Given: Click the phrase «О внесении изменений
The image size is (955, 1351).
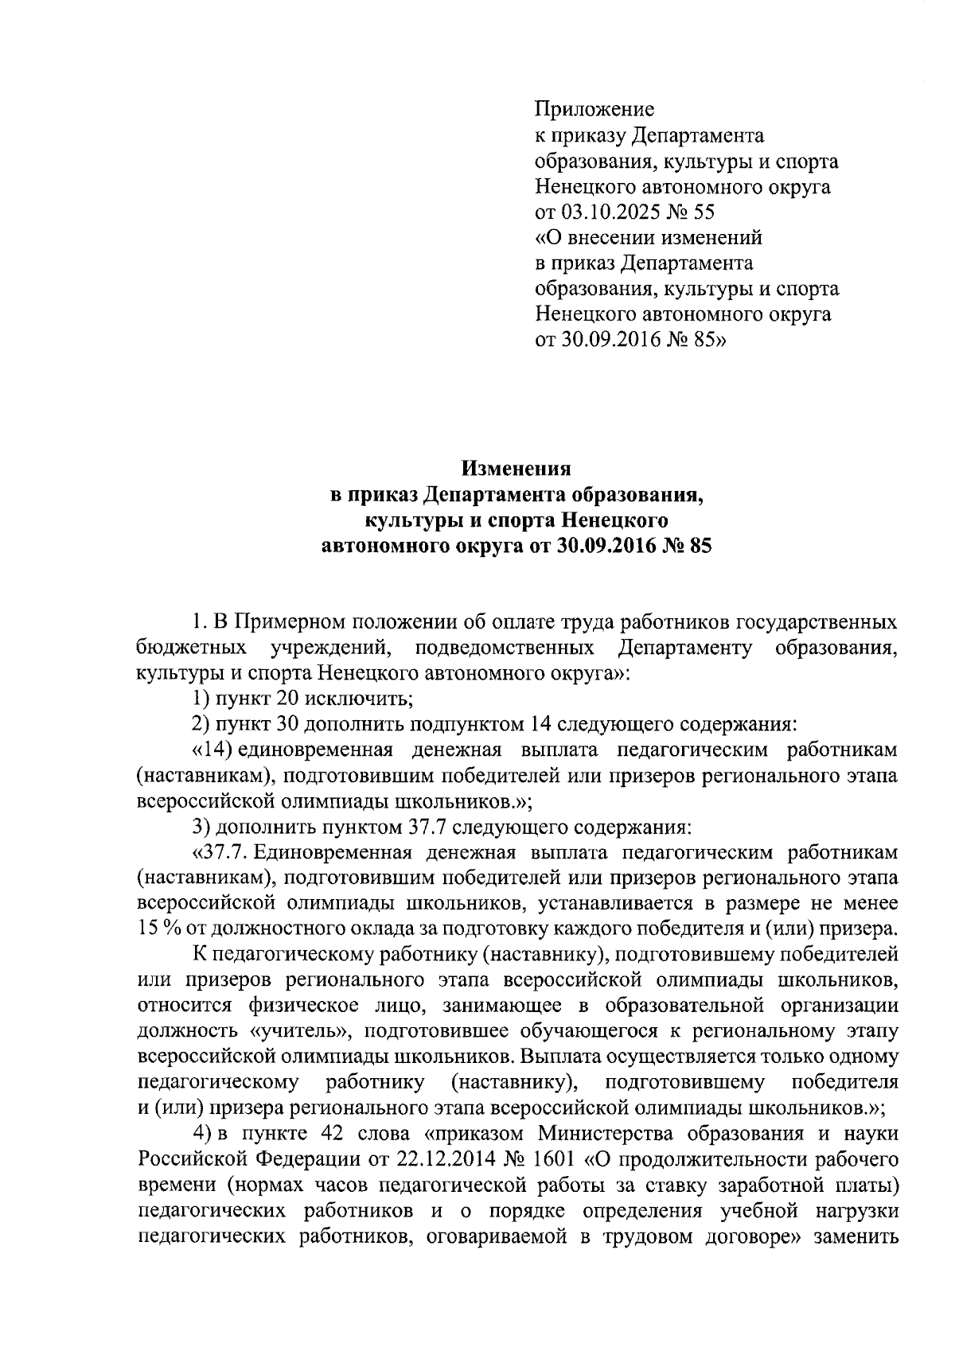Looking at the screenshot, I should (x=648, y=237).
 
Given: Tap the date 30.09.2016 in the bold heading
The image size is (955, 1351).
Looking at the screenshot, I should (x=601, y=547).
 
